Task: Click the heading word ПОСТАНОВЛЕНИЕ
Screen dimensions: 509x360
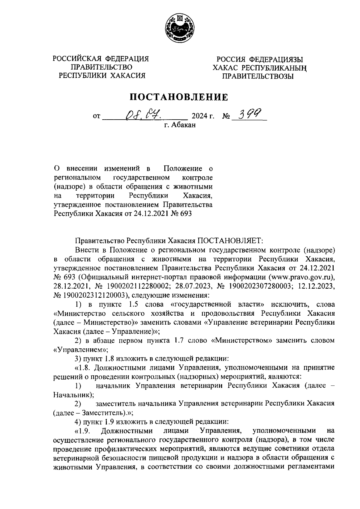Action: [179, 97]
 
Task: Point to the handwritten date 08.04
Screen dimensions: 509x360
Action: [143, 114]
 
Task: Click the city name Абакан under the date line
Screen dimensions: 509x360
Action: [183, 125]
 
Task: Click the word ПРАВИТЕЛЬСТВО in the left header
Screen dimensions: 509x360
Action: [101, 67]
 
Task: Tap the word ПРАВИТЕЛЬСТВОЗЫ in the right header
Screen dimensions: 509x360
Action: [258, 76]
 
